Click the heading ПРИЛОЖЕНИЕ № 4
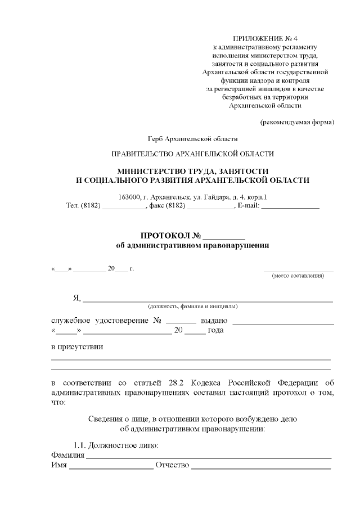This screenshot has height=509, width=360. click(x=265, y=38)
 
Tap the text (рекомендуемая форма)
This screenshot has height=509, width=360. click(x=296, y=122)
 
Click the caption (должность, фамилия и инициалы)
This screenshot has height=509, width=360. click(x=192, y=307)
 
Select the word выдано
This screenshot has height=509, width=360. click(x=214, y=320)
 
